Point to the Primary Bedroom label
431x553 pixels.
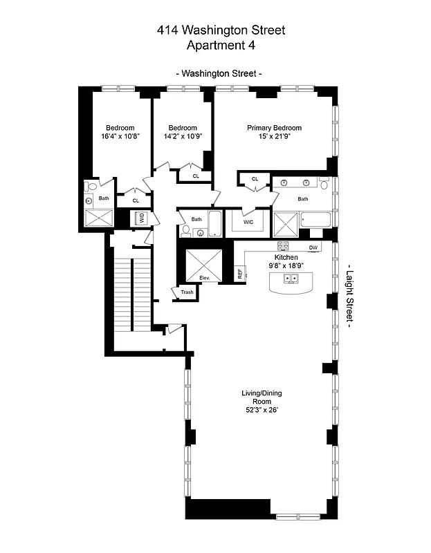[275, 128]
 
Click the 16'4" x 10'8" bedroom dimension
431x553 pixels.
[120, 137]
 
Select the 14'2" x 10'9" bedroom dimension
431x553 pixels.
[183, 137]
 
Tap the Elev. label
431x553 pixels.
[204, 277]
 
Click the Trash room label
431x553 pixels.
[187, 292]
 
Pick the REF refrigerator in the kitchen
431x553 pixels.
[240, 274]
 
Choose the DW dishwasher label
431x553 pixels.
[313, 247]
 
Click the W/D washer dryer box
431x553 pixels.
[141, 217]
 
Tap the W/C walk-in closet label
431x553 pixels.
[248, 222]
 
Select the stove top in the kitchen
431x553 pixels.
[283, 246]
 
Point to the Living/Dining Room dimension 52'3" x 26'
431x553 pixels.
[261, 410]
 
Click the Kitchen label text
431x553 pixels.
[286, 256]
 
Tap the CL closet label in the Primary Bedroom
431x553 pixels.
[255, 179]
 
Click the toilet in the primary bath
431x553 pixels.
[324, 183]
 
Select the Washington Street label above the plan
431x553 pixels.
[219, 73]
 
